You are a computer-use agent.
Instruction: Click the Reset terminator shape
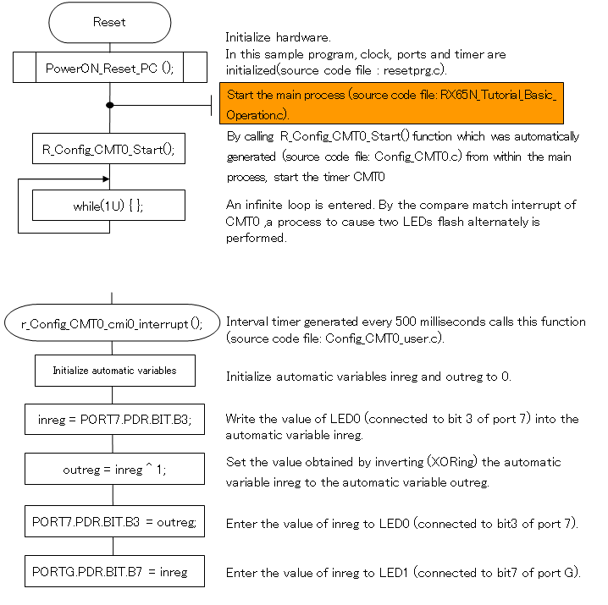(109, 23)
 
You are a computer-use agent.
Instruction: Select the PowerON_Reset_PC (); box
(110, 68)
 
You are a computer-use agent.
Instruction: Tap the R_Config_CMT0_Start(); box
(108, 150)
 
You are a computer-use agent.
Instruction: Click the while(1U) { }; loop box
(108, 206)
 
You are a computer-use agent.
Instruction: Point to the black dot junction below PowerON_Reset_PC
(110, 105)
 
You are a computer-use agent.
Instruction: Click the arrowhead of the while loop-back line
(105, 179)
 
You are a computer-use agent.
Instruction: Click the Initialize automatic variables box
(114, 370)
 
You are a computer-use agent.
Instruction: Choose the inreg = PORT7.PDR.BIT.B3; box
(114, 419)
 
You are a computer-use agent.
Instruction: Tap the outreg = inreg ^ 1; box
(114, 468)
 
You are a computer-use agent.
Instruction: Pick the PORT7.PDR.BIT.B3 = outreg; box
(114, 522)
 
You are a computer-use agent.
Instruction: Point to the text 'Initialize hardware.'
(279, 38)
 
